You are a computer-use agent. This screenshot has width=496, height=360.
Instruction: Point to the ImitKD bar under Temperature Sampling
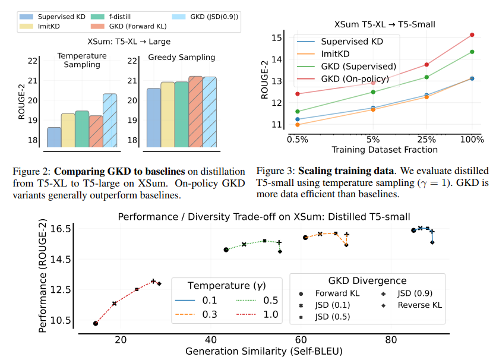tap(68, 130)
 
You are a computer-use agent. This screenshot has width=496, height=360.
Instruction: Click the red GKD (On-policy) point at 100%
tap(472, 34)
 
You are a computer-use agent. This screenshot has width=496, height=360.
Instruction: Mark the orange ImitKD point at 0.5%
tap(297, 124)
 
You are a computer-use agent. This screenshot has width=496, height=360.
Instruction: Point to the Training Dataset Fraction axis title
tap(384, 150)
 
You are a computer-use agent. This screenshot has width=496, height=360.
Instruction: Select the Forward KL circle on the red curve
tap(96, 323)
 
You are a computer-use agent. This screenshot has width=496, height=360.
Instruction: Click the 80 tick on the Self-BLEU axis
tap(390, 340)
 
